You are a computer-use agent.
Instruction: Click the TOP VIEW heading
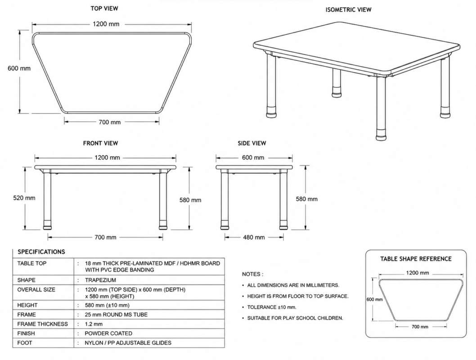point(104,9)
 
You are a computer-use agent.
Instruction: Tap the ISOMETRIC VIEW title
point(349,10)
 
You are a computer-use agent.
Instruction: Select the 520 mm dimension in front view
point(24,198)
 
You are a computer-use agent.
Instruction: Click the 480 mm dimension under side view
point(254,237)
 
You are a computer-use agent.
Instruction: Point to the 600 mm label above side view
point(253,157)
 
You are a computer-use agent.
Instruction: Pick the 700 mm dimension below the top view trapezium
point(110,122)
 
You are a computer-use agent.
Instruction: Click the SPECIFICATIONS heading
point(41,252)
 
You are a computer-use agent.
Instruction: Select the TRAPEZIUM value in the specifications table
point(100,280)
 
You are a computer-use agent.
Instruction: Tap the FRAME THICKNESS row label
point(42,324)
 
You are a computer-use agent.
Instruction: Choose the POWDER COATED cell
point(108,333)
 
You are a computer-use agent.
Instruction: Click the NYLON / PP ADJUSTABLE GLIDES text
point(128,343)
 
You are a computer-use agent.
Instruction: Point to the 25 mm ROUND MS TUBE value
point(116,315)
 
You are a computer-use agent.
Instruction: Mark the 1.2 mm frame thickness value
point(94,324)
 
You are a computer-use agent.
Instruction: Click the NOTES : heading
point(252,274)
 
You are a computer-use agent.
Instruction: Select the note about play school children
point(295,318)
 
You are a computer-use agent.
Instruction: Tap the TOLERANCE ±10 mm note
point(272,307)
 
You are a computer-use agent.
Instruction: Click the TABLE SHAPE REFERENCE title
point(416,259)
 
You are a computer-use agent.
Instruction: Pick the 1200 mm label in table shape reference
point(418,273)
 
